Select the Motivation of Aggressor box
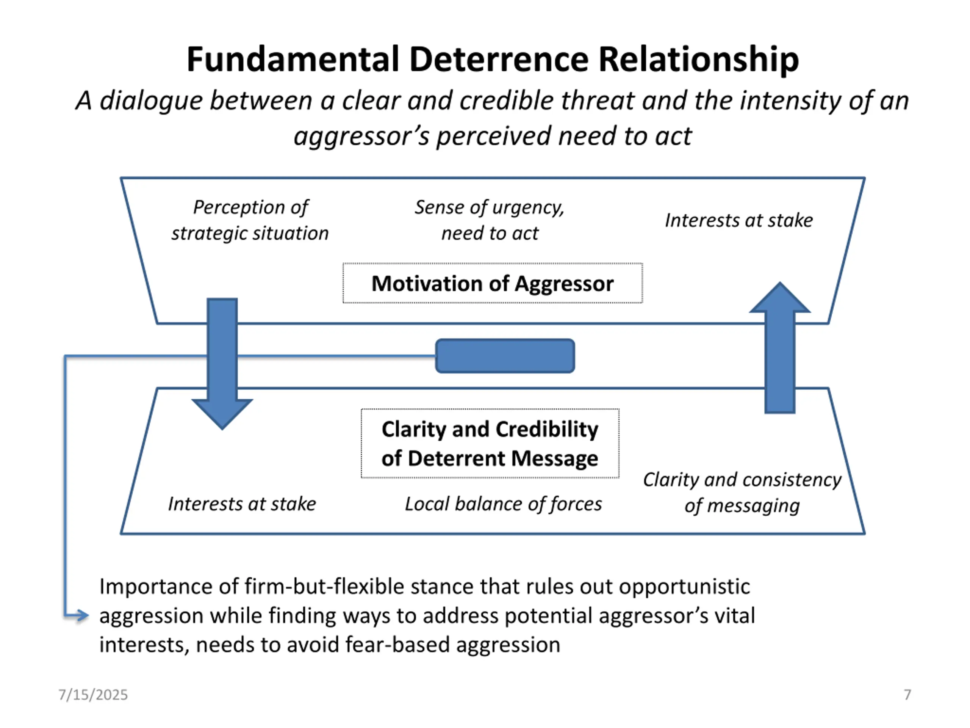(x=493, y=283)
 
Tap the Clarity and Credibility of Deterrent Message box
(x=490, y=443)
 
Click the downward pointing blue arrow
(x=222, y=364)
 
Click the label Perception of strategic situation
(x=250, y=220)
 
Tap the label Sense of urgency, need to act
(x=490, y=220)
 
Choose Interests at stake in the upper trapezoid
(x=739, y=220)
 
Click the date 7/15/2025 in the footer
(x=93, y=695)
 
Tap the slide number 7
(x=907, y=695)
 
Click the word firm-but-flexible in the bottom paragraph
(x=324, y=587)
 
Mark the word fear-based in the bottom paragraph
(x=398, y=645)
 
